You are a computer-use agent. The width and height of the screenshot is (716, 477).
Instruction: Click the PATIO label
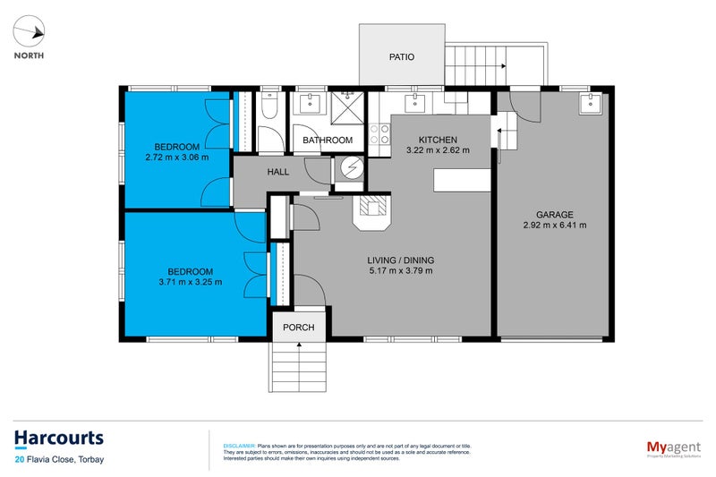coord(402,56)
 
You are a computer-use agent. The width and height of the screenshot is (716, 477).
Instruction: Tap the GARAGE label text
coord(555,215)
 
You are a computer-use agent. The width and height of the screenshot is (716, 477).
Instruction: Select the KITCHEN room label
coord(438,141)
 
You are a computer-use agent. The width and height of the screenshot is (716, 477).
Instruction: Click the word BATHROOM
coord(328,141)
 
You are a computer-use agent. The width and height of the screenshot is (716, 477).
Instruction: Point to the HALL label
coord(277,171)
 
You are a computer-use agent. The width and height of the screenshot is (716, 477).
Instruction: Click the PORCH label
coord(299,327)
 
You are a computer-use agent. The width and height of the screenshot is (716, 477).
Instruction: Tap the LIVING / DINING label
coord(401,260)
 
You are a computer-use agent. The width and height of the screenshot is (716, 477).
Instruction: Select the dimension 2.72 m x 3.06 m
coord(176,158)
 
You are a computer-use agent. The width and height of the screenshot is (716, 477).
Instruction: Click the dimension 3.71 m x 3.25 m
coord(190,282)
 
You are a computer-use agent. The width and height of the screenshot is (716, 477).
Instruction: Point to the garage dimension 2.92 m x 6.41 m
coord(555,226)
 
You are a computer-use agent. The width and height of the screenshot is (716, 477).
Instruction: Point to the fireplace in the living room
coord(373,211)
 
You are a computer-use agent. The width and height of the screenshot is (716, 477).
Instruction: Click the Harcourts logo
coord(59,439)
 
